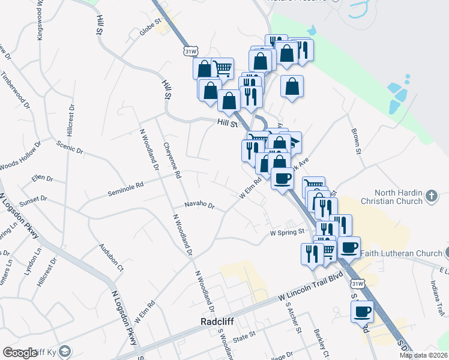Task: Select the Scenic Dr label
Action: click(69, 147)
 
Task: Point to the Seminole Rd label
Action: click(125, 189)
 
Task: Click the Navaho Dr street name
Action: click(200, 205)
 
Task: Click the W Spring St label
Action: click(288, 232)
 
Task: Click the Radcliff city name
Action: click(216, 322)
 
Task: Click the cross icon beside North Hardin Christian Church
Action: click(431, 196)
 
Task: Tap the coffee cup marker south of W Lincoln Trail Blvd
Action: click(363, 311)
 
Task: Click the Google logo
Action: click(20, 353)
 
